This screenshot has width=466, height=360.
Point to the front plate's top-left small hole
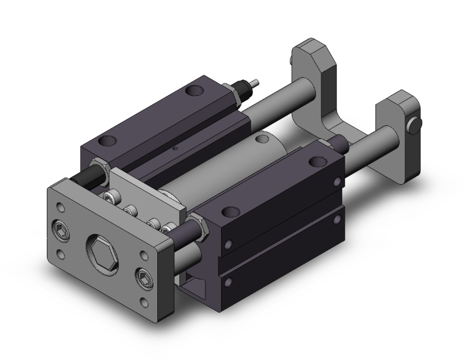pos(60,204)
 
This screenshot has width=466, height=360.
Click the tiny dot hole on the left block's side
pos(176,148)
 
